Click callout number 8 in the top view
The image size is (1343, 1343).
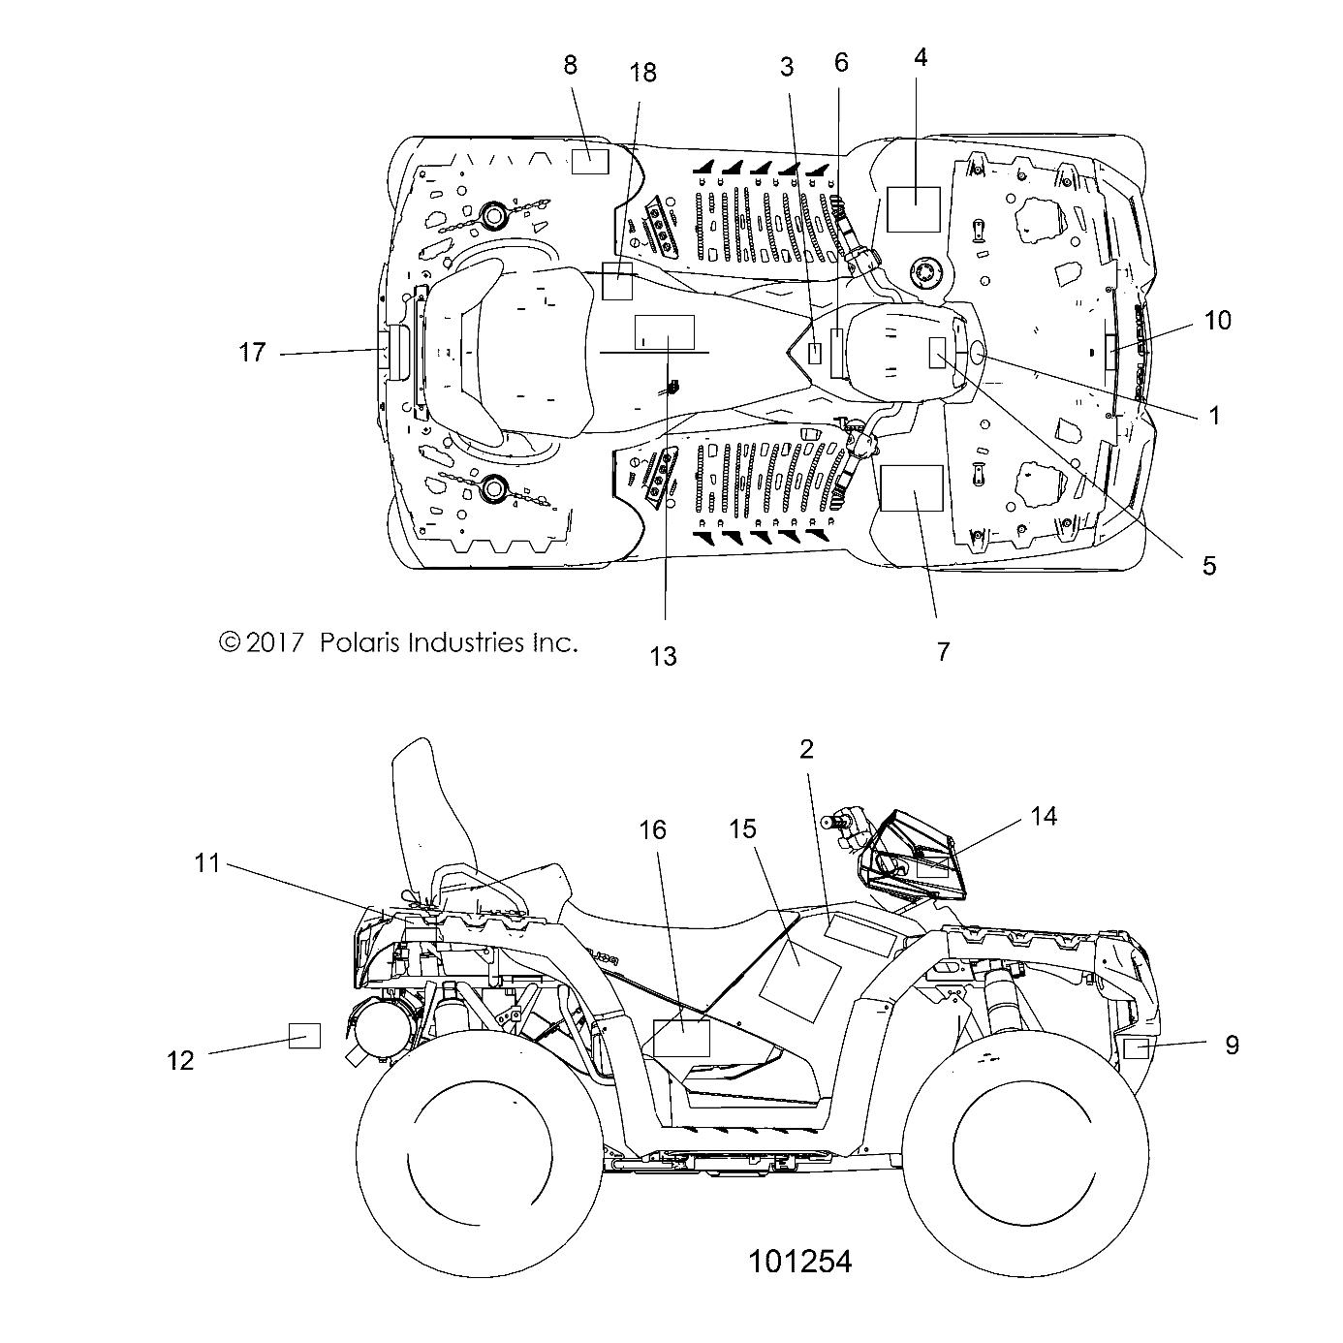[x=570, y=65]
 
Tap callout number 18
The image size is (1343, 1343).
[x=642, y=73]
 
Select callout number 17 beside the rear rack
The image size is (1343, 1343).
[x=252, y=353]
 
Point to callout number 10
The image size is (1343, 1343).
[x=1217, y=320]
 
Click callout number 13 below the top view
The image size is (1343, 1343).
[x=663, y=656]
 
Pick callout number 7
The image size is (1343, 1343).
[x=943, y=651]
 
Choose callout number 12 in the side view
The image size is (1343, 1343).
[x=181, y=1060]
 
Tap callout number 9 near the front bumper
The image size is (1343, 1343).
[x=1232, y=1045]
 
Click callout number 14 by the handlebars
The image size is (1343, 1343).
[x=1043, y=816]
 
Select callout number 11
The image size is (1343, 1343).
[x=208, y=862]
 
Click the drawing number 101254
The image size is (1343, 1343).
[x=799, y=1261]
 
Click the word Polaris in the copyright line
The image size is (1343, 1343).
[x=361, y=641]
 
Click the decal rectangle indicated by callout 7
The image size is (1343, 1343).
[x=911, y=487]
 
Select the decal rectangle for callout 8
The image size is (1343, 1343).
[x=589, y=161]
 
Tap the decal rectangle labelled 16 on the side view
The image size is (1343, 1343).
[x=682, y=1037]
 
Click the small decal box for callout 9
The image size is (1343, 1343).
[x=1136, y=1048]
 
